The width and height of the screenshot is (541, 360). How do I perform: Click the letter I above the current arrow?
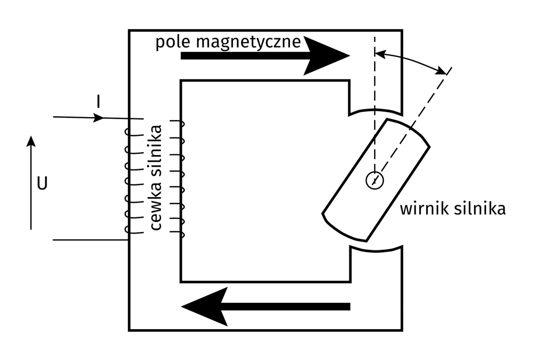pos(98,103)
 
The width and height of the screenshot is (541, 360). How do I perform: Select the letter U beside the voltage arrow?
pos(42,184)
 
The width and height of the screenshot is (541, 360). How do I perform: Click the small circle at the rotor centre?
pos(374,180)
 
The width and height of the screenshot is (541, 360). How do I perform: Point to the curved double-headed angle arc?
pos(412,59)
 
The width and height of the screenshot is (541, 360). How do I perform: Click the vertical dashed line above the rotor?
pos(374,85)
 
